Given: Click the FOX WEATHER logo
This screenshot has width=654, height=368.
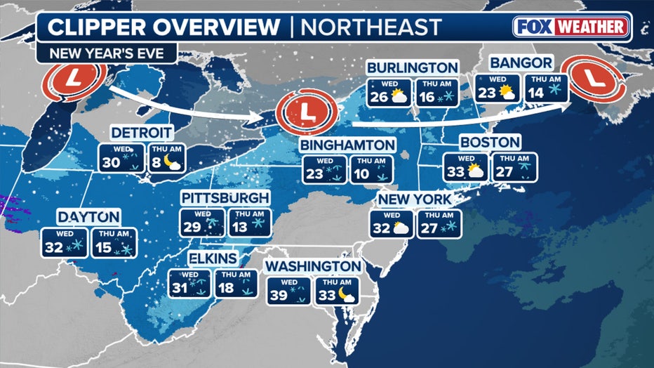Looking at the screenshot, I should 572,27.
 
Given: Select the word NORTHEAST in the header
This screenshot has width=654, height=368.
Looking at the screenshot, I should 371,27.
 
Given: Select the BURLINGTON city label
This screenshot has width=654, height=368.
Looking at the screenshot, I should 413,67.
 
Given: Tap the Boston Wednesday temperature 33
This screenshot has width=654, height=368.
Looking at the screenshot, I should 455,172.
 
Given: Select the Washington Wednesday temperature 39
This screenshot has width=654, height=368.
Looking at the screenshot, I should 279,296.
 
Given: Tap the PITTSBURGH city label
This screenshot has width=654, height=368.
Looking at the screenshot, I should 225,197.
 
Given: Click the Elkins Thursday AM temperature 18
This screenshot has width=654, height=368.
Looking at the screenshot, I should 227,287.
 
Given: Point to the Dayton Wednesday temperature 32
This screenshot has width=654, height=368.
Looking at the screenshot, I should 54,247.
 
